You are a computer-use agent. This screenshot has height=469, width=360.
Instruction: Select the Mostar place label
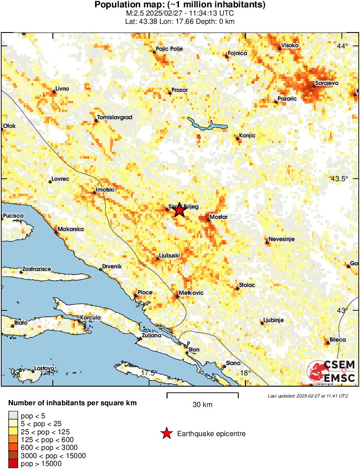coord(218,217)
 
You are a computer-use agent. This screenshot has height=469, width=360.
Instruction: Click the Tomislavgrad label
coord(115,117)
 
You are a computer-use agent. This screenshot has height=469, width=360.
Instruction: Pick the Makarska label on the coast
coord(71,228)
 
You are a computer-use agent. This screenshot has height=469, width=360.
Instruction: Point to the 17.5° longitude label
coord(149,373)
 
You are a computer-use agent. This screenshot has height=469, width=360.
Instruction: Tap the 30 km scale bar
coord(202,394)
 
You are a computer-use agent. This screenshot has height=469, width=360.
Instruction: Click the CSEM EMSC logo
coord(331,371)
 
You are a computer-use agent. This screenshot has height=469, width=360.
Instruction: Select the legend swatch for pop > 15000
coord(13,464)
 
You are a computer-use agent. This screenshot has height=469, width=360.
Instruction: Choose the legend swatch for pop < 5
coord(13,415)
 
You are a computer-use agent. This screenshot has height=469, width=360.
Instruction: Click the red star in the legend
coord(166,433)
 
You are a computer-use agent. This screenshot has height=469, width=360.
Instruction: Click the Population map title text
coord(180,5)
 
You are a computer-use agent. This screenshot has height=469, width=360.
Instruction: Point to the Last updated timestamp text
coord(308,396)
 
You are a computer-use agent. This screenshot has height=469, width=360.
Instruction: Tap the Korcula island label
coord(91,318)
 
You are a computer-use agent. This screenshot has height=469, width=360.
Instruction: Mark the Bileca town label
coord(337,340)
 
